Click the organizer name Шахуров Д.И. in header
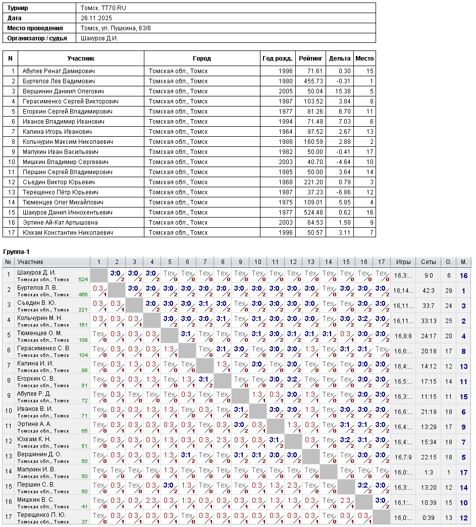(99, 38)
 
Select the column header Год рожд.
(277, 59)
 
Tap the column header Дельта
(340, 59)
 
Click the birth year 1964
(285, 132)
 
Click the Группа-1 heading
(17, 251)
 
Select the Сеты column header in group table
(429, 262)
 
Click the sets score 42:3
(429, 291)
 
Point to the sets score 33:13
(429, 321)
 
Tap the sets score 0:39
(429, 518)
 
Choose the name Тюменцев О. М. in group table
(39, 333)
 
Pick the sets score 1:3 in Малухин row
(429, 472)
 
